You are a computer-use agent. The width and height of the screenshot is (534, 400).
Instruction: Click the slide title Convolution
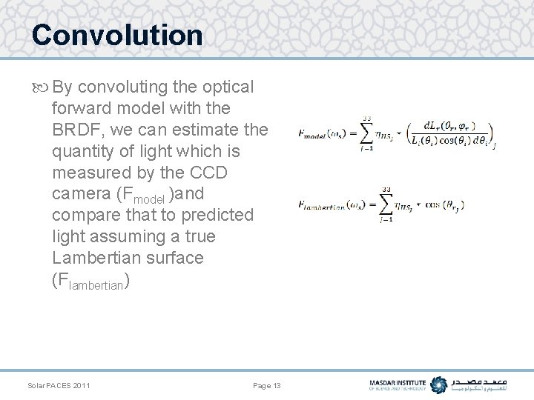coord(117,35)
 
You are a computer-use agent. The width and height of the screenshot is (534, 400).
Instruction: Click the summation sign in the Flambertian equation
coord(386,204)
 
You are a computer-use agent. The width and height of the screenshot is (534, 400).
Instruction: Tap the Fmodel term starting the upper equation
coord(323,134)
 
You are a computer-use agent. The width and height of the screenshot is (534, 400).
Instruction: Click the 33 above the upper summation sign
coord(366,118)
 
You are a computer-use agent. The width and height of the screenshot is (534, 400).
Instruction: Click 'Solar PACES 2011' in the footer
coord(59,386)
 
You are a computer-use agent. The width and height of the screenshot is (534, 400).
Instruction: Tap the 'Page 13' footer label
coord(267,386)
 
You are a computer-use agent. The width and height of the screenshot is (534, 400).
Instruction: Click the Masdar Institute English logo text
coord(398,385)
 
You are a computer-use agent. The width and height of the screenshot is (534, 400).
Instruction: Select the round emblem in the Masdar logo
coord(439,385)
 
